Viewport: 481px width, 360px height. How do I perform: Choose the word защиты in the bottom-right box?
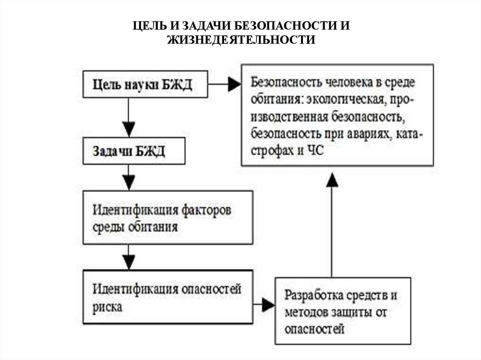coord(350,313)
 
